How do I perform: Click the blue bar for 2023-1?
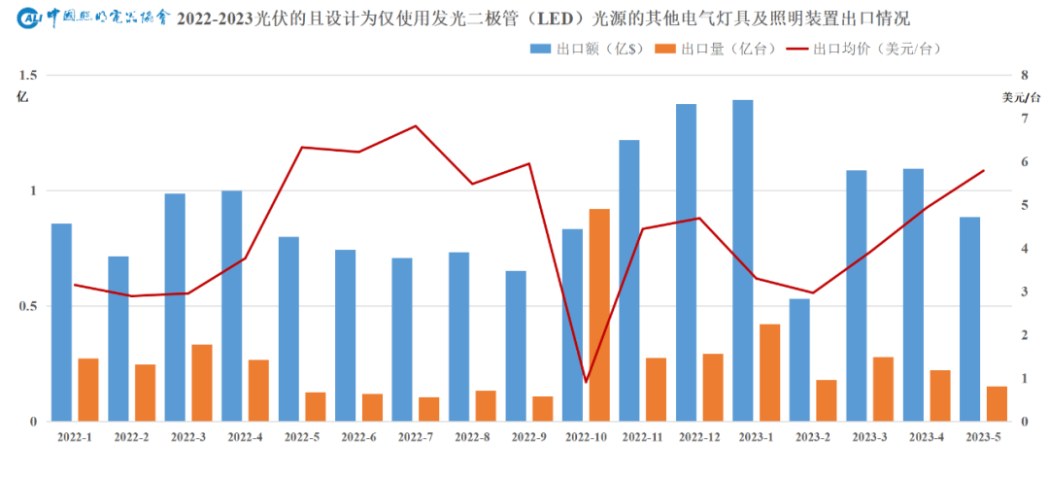pos(743,260)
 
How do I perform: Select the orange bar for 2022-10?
pos(599,315)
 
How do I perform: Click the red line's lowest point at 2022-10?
pos(586,382)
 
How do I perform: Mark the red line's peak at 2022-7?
pos(416,126)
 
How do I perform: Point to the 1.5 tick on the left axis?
pos(27,75)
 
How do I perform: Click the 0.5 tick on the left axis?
pos(27,306)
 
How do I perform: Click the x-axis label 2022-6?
pos(358,438)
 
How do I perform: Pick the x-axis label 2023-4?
pos(927,438)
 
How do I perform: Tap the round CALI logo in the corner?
pos(30,17)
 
